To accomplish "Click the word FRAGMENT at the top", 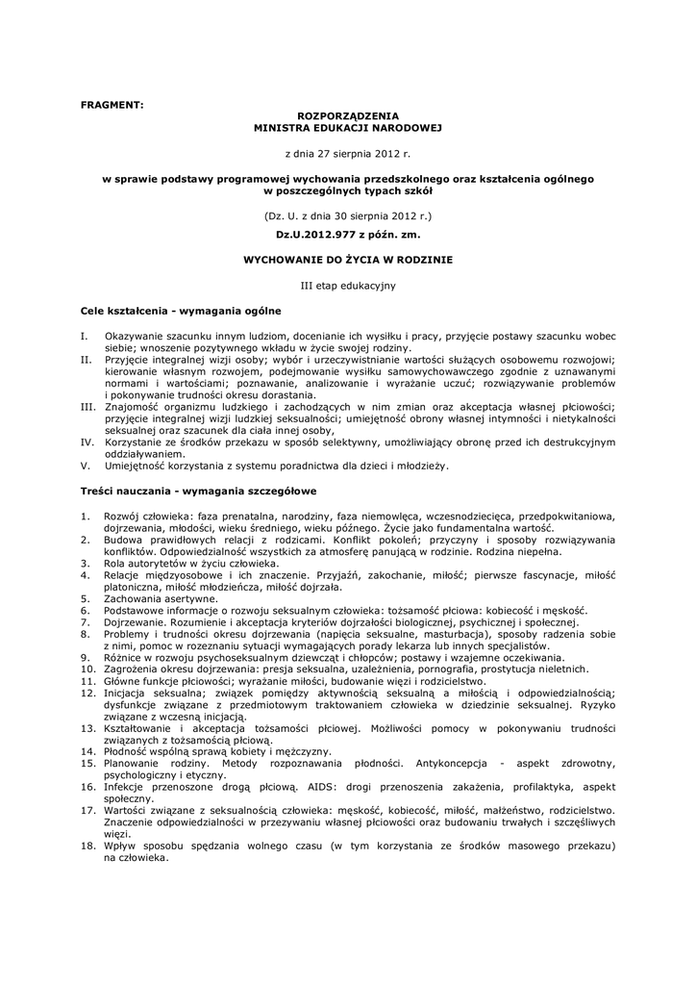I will (x=111, y=104).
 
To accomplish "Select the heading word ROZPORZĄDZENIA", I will (x=348, y=114).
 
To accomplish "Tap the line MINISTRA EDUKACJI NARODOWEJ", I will (x=348, y=126).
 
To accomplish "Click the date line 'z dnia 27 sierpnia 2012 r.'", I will (x=348, y=153).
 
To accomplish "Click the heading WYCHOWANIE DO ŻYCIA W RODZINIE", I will (x=348, y=260).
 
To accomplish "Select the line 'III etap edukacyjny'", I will (x=348, y=286).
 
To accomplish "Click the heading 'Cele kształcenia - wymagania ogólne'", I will (x=180, y=312).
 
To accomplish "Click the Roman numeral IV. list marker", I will (x=86, y=441).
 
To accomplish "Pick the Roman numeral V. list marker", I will (x=85, y=466).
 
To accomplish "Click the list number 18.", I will (x=87, y=846).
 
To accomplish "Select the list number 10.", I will (x=87, y=669).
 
